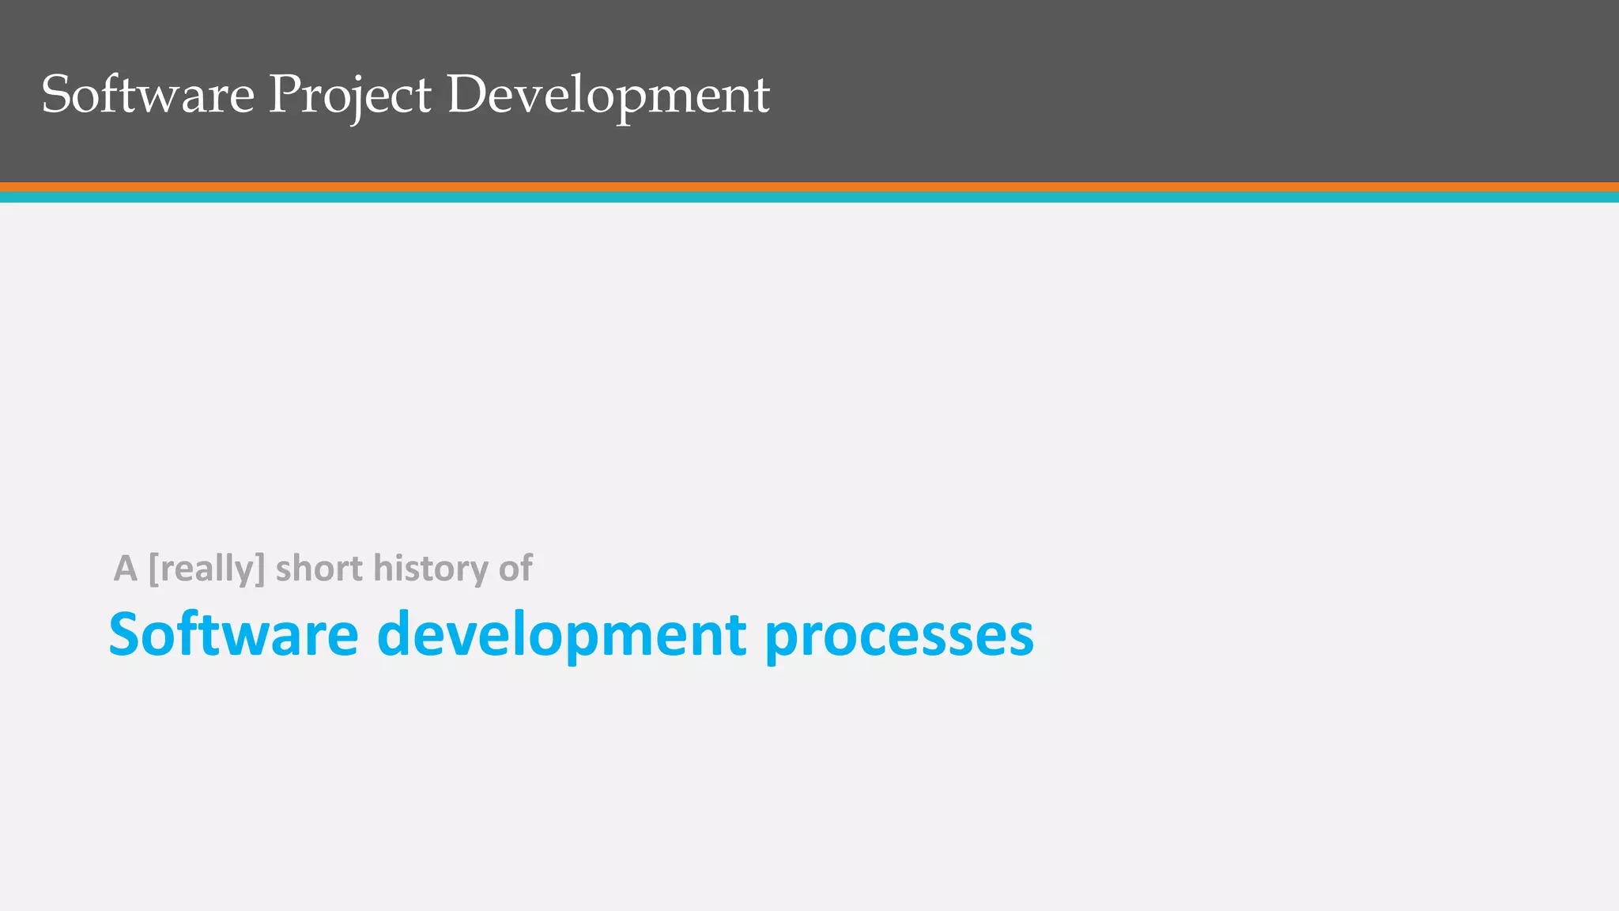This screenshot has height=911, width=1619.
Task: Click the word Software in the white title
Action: [148, 95]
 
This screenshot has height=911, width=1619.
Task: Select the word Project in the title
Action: [349, 95]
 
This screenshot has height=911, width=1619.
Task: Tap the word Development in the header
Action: [608, 95]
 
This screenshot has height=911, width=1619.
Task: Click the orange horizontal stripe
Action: [809, 187]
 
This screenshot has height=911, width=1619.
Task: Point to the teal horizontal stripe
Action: [809, 198]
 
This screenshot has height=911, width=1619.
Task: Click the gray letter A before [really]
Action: [125, 569]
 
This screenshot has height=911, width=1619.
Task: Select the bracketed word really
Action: [206, 569]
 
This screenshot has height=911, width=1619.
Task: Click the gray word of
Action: [515, 569]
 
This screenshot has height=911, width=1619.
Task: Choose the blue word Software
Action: [233, 634]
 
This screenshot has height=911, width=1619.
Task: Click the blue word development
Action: [561, 634]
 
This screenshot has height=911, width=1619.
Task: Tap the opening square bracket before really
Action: [154, 569]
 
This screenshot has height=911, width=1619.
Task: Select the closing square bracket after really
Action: [260, 569]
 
